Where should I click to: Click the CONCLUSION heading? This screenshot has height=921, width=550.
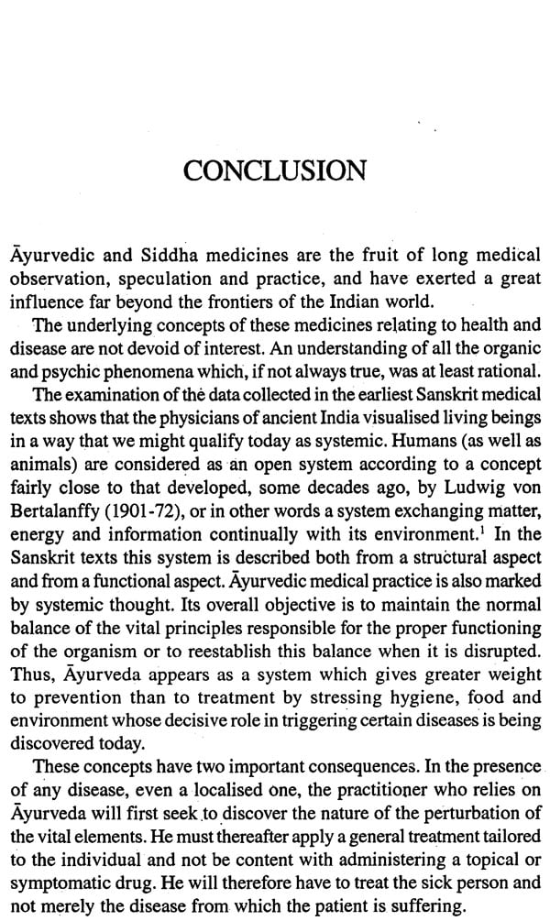(x=275, y=171)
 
